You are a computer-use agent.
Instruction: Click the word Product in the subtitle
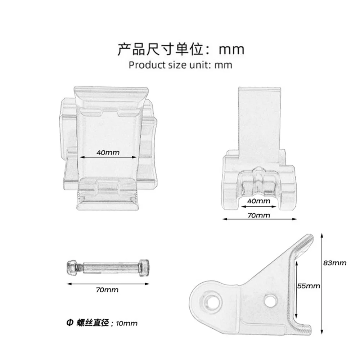144,65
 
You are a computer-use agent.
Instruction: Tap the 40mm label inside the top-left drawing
108,152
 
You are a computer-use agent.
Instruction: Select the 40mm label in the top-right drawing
258,201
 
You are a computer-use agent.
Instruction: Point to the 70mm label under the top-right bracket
260,215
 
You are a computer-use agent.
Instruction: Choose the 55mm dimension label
309,286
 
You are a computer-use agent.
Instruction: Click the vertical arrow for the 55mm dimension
297,288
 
